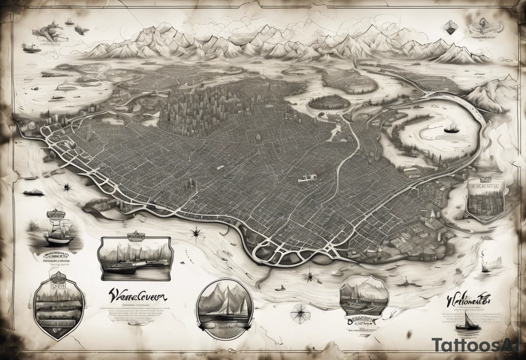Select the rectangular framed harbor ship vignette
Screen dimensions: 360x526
pyautogui.click(x=135, y=258)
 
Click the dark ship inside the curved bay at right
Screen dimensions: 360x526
pyautogui.click(x=451, y=128)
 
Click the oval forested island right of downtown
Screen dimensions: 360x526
pyautogui.click(x=329, y=102)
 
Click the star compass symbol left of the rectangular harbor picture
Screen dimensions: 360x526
pyautogui.click(x=67, y=187)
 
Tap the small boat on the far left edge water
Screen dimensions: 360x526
pyautogui.click(x=33, y=192)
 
